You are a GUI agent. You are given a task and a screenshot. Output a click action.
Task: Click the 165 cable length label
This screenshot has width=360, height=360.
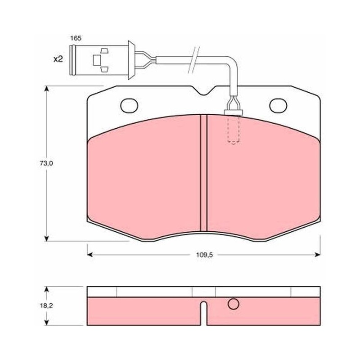click(x=76, y=38)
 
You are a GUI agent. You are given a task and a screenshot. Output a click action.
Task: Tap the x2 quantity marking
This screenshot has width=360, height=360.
click(x=58, y=59)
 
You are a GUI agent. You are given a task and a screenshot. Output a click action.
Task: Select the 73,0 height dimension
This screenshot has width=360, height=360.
click(x=46, y=163)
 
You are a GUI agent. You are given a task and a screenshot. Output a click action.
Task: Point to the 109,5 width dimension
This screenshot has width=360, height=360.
click(x=205, y=255)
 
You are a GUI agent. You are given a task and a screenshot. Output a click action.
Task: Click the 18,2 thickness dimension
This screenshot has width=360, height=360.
click(x=46, y=306)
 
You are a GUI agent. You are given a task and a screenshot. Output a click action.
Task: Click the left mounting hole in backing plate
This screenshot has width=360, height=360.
click(x=129, y=106)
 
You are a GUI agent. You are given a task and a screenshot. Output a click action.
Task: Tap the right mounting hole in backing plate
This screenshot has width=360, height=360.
click(x=278, y=106)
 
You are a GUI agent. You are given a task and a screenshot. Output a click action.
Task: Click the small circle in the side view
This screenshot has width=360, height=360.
click(x=234, y=304)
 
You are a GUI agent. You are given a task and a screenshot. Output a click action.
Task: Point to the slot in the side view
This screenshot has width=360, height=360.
click(x=203, y=313)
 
